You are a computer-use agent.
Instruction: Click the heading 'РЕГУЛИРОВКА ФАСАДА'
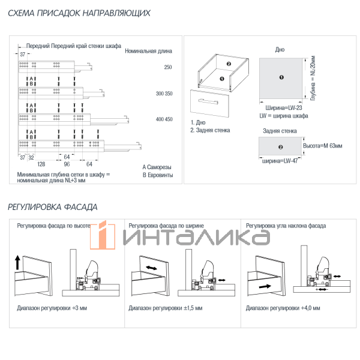tap(53, 207)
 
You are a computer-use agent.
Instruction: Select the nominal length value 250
tap(167, 67)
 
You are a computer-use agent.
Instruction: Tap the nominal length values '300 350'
tap(164, 94)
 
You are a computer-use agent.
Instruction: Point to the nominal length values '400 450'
tap(164, 119)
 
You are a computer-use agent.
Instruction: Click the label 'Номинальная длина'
tap(149, 51)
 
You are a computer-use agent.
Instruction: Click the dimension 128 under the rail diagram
tap(41, 164)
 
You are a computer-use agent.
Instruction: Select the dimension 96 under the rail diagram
tap(67, 164)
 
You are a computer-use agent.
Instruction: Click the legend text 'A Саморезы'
tap(157, 167)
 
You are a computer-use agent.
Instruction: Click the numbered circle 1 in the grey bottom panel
tap(281, 77)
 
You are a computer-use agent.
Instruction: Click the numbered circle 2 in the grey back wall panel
tap(280, 147)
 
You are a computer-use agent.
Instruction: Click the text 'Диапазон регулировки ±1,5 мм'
tap(166, 308)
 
